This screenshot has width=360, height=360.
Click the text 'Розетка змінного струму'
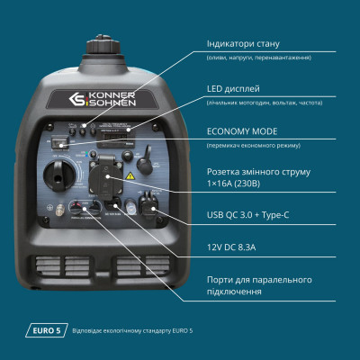tap(257, 173)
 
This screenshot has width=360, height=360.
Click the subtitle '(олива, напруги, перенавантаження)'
tap(258, 58)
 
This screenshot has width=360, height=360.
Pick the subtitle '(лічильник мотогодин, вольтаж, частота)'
tap(264, 102)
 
